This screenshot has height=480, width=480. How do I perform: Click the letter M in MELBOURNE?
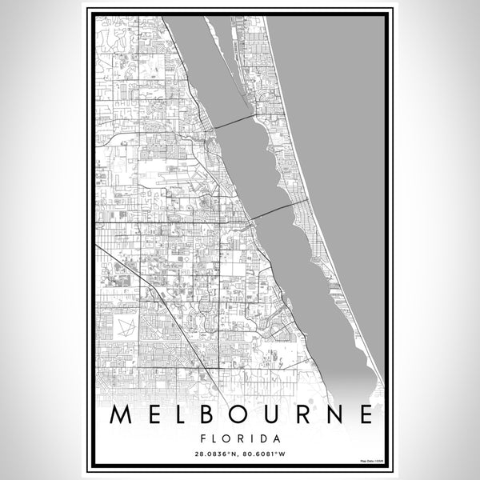[x=120, y=414]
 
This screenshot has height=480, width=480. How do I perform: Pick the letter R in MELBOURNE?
[x=303, y=414]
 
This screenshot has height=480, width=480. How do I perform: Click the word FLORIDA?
[x=240, y=438]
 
